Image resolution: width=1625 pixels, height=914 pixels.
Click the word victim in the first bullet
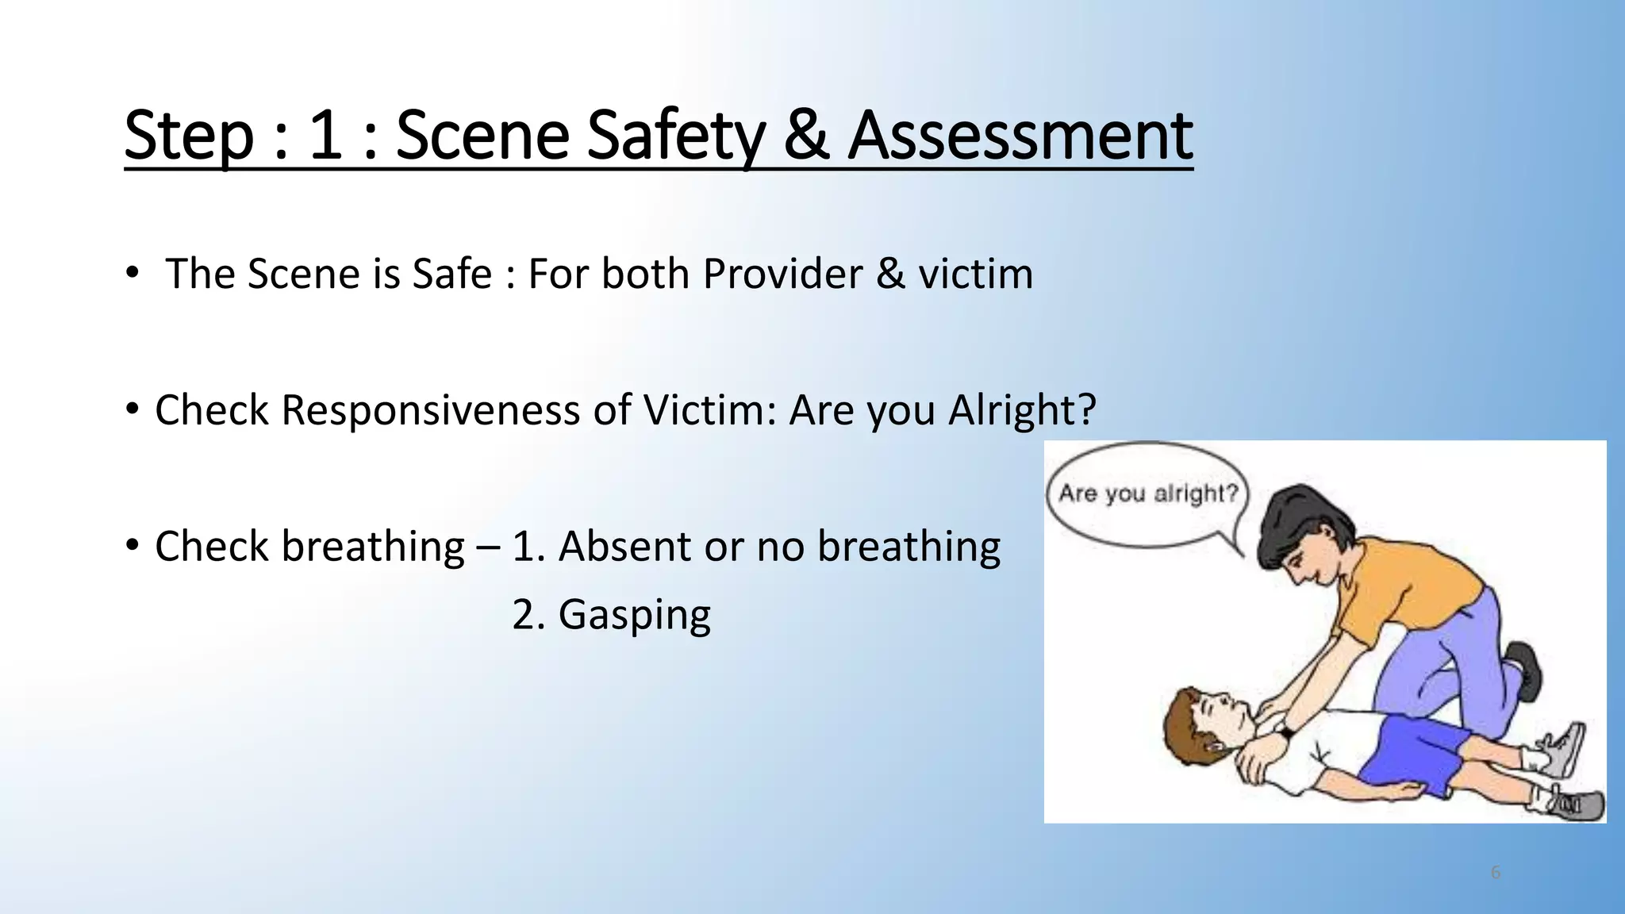pyautogui.click(x=975, y=274)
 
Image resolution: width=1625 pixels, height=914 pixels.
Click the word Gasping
pyautogui.click(x=634, y=615)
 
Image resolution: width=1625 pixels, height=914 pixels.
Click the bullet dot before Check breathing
pyautogui.click(x=132, y=545)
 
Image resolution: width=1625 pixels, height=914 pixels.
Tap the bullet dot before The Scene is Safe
pyautogui.click(x=132, y=273)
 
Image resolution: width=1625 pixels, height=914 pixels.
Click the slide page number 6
pyautogui.click(x=1496, y=873)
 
